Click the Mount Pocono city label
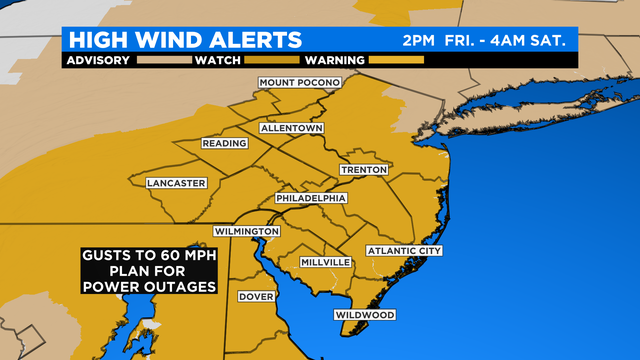(299, 82)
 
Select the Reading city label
(224, 144)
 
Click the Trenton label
(363, 170)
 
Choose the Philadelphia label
(311, 198)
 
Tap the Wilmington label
(246, 232)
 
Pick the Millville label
(326, 262)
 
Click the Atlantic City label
(404, 250)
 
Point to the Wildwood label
(364, 315)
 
